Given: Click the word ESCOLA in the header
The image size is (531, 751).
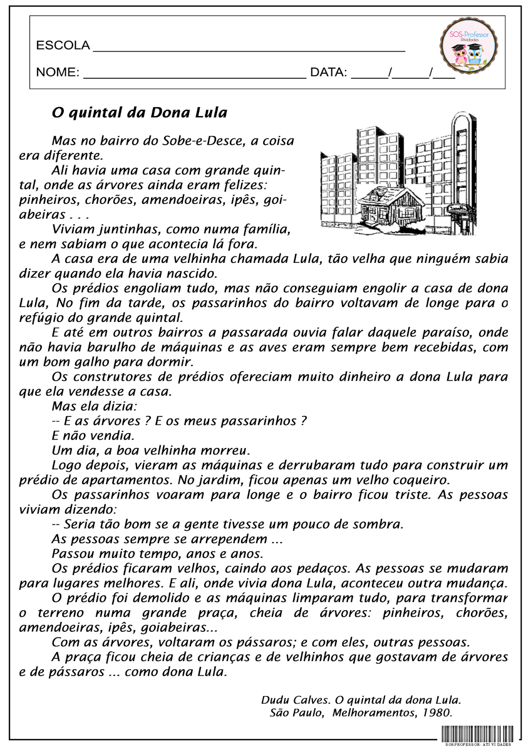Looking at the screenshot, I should click(63, 46).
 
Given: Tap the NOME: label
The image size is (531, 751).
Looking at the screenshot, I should click(58, 72).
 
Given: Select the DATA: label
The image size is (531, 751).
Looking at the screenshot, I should click(328, 72).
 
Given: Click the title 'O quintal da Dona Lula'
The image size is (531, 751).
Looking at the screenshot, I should click(139, 113).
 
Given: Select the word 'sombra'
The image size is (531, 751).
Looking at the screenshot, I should click(378, 524).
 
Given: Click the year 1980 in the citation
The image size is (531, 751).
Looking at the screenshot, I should click(436, 713).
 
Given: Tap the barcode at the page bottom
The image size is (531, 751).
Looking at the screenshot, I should click(477, 734).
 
